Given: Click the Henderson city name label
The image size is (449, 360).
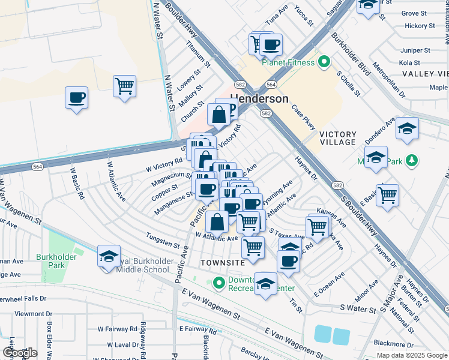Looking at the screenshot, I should [x=259, y=98].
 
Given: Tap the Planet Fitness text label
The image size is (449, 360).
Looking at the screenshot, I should [x=288, y=62].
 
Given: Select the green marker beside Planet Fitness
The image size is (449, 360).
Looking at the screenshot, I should [x=324, y=61].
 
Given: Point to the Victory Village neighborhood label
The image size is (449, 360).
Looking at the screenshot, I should [x=338, y=138].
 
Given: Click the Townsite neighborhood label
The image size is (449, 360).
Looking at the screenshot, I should [x=223, y=263].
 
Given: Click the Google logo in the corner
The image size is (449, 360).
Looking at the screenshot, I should [x=19, y=353].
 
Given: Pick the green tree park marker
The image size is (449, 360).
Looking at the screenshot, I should [x=411, y=160].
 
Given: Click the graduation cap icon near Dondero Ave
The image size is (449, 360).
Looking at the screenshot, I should [x=407, y=129].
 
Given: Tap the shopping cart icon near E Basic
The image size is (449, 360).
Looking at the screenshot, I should [x=388, y=194].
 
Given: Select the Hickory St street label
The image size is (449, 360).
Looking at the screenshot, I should [x=420, y=26].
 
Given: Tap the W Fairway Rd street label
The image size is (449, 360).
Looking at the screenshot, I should [x=118, y=329].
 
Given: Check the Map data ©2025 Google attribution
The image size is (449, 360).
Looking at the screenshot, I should [x=411, y=355].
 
